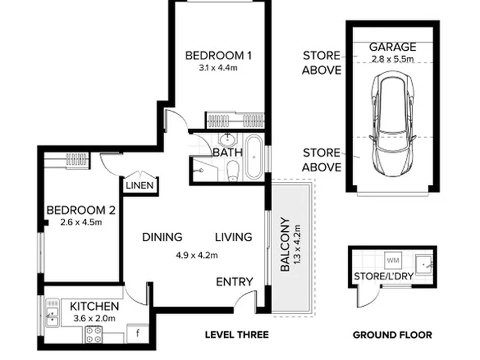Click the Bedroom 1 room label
tap(218, 56)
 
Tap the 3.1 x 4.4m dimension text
tap(218, 67)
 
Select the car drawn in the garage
tap(393, 124)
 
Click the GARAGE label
tap(393, 47)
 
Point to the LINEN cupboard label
tap(139, 185)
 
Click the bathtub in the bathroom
tap(254, 157)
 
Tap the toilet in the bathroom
tap(233, 171)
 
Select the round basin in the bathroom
tap(227, 139)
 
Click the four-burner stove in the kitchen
tap(94, 334)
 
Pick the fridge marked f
tap(138, 333)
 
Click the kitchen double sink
tap(52, 313)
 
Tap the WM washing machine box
tap(393, 261)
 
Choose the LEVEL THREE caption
tap(237, 335)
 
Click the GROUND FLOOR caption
tap(393, 335)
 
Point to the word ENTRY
tap(235, 281)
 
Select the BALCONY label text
tap(285, 245)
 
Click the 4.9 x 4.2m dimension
tap(197, 255)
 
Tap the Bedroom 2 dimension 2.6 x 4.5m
tap(81, 222)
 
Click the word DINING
tap(162, 237)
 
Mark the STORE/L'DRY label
tap(384, 276)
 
